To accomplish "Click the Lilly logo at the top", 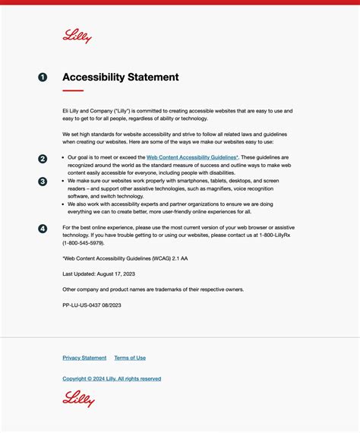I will click(77, 36).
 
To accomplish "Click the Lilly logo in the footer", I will click(78, 398).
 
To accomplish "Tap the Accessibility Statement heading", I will click(121, 77).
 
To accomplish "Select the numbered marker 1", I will click(43, 77).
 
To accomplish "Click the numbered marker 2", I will click(43, 159).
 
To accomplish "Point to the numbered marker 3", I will click(43, 182).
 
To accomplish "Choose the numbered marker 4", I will click(43, 229).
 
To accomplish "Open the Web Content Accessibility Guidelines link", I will click(191, 157).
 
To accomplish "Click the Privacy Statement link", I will click(84, 358).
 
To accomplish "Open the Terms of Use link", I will click(130, 358).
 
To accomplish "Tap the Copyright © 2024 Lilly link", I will click(112, 378).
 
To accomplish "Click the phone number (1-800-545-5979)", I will click(83, 244).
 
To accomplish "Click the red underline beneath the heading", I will click(73, 91).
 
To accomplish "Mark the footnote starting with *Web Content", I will click(125, 258).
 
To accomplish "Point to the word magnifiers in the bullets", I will click(217, 188).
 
